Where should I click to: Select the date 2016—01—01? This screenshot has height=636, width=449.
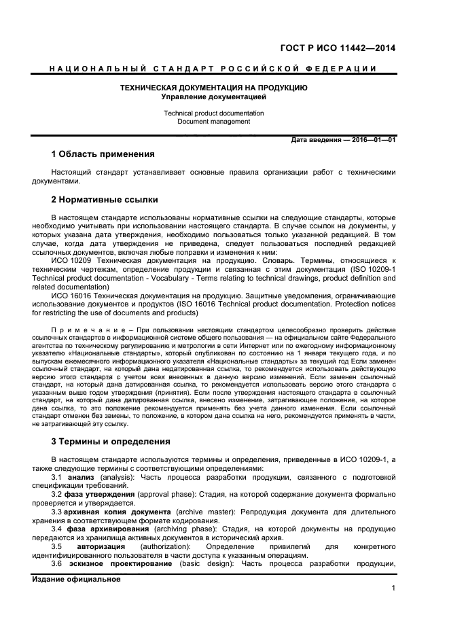click(x=371, y=140)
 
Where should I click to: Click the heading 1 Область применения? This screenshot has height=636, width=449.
click(x=103, y=154)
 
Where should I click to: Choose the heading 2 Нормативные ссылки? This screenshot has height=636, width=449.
click(x=105, y=200)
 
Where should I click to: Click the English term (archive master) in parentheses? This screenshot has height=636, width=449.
click(x=202, y=511)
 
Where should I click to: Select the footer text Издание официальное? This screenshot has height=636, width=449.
click(x=76, y=579)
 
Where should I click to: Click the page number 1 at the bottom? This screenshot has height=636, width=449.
click(x=393, y=588)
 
